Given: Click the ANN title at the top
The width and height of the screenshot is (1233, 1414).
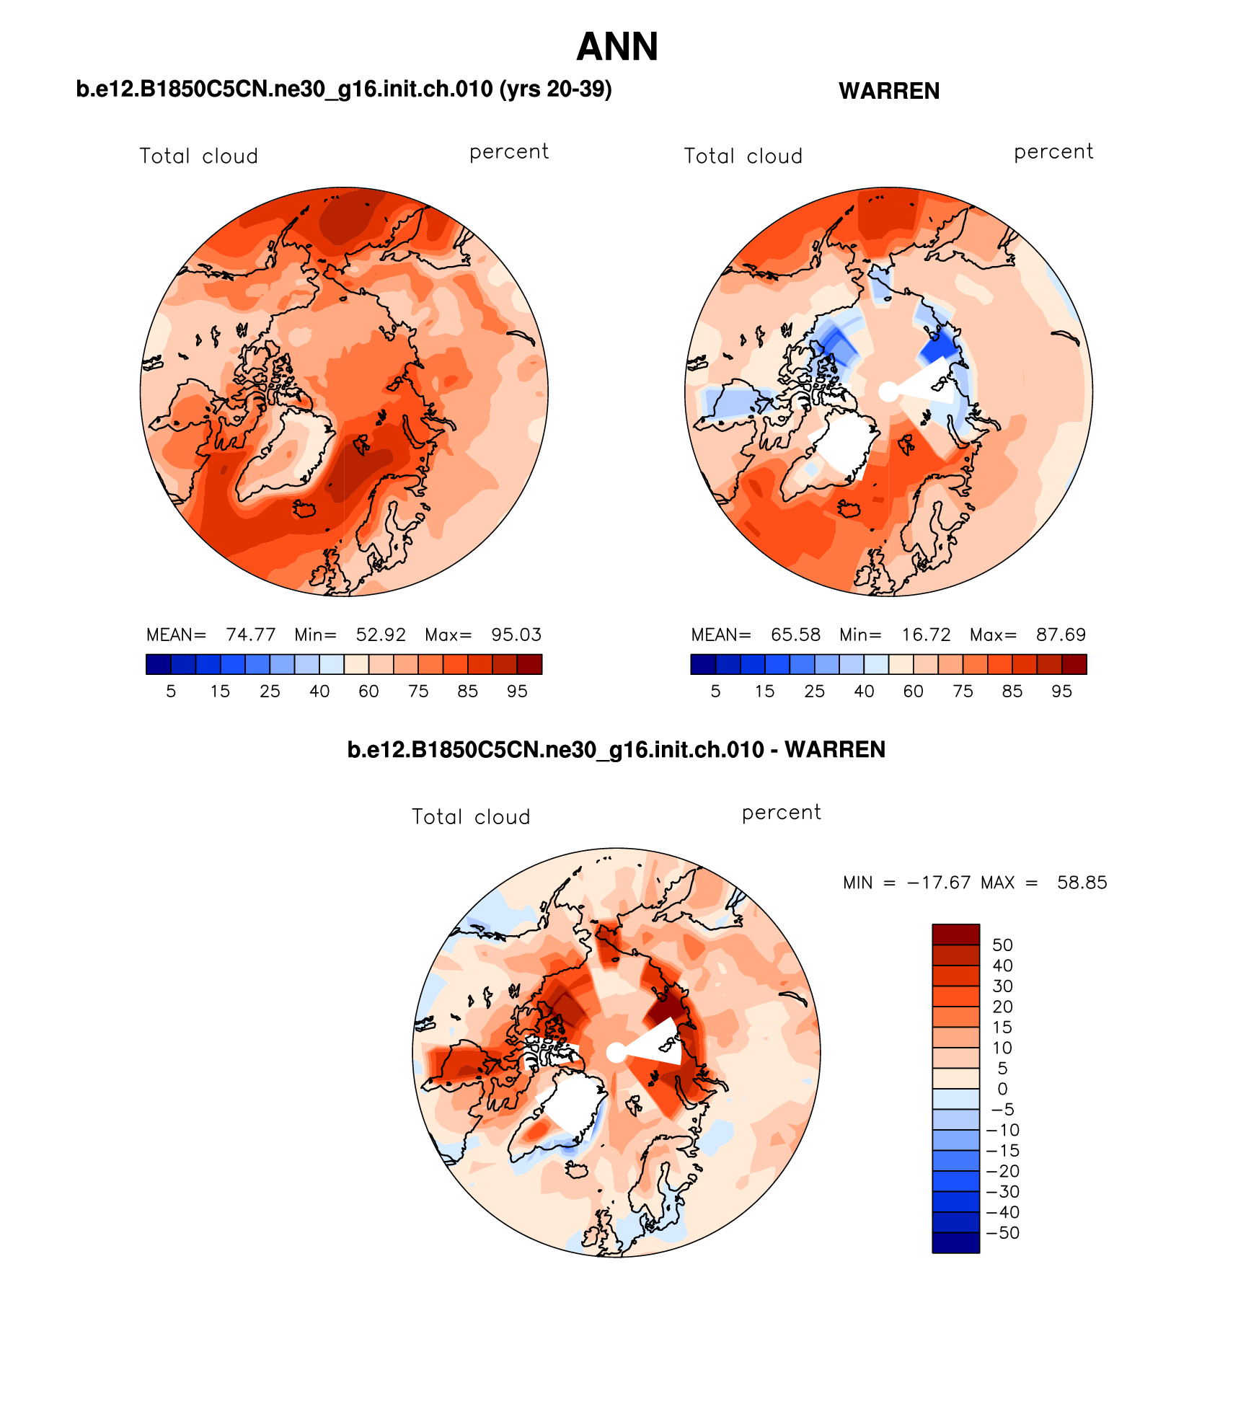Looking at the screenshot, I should pyautogui.click(x=617, y=48).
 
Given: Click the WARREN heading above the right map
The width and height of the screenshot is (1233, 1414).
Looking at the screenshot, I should pyautogui.click(x=888, y=92).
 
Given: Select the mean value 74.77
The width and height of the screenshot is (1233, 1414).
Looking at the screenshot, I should pyautogui.click(x=250, y=635).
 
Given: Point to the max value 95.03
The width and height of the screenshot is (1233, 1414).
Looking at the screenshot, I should pyautogui.click(x=516, y=635).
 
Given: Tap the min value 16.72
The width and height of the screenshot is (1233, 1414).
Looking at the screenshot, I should pyautogui.click(x=926, y=635).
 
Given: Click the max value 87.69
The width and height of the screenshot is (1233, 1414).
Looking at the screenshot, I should pyautogui.click(x=1061, y=635).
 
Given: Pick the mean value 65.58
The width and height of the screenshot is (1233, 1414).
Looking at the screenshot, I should pyautogui.click(x=795, y=635).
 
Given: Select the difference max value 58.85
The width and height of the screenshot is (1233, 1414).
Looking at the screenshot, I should pyautogui.click(x=1082, y=883).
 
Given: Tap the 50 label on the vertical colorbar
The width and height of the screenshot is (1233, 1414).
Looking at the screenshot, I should pyautogui.click(x=1002, y=945).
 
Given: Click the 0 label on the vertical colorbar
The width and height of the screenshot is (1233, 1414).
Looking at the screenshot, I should pyautogui.click(x=1002, y=1089).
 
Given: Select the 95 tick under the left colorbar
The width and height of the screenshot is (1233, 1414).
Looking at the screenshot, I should pyautogui.click(x=517, y=691).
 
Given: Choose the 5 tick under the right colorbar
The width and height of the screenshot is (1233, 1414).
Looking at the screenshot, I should pyautogui.click(x=715, y=691).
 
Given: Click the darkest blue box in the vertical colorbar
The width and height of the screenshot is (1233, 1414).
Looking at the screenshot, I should pyautogui.click(x=955, y=1243).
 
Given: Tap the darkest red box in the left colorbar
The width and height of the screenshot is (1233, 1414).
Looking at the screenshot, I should pyautogui.click(x=529, y=664).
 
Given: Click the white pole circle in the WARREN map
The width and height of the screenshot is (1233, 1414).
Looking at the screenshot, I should pyautogui.click(x=888, y=392).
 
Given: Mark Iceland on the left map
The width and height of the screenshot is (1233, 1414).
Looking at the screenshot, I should pyautogui.click(x=304, y=509).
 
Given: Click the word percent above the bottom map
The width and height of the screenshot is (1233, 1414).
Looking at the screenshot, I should pyautogui.click(x=781, y=813).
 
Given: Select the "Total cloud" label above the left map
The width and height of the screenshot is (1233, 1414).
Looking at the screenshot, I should pyautogui.click(x=198, y=156).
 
